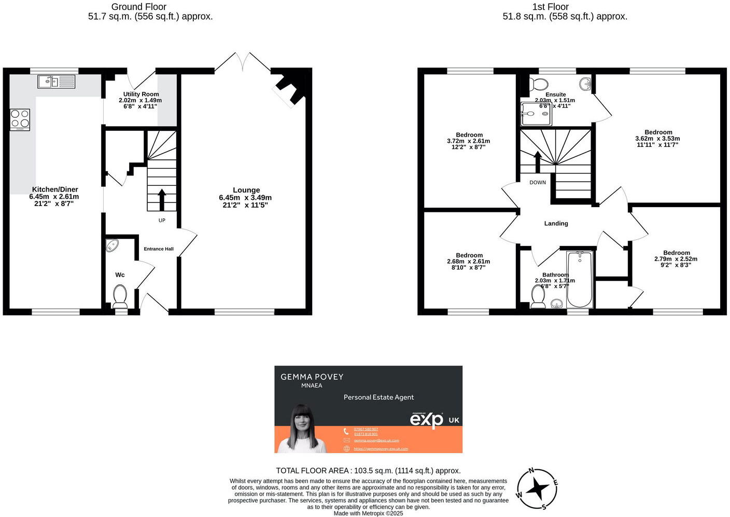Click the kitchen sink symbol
pyautogui.click(x=57, y=81)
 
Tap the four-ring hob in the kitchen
pyautogui.click(x=20, y=119)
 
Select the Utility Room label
pyautogui.click(x=141, y=94)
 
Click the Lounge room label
pyautogui.click(x=246, y=190)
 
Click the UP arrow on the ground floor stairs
pyautogui.click(x=161, y=199)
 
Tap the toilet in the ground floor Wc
pyautogui.click(x=120, y=295)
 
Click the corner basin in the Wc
pyautogui.click(x=112, y=245)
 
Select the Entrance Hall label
pyautogui.click(x=159, y=249)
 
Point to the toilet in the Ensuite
pyautogui.click(x=539, y=84)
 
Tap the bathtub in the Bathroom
pyautogui.click(x=580, y=280)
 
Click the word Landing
pyautogui.click(x=556, y=223)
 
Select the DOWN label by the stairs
pyautogui.click(x=538, y=182)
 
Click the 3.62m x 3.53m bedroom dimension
pyautogui.click(x=657, y=139)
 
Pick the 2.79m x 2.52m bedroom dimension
pyautogui.click(x=676, y=258)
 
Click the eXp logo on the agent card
pyautogui.click(x=427, y=419)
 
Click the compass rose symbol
pyautogui.click(x=537, y=488)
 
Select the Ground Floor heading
pyautogui.click(x=139, y=7)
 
